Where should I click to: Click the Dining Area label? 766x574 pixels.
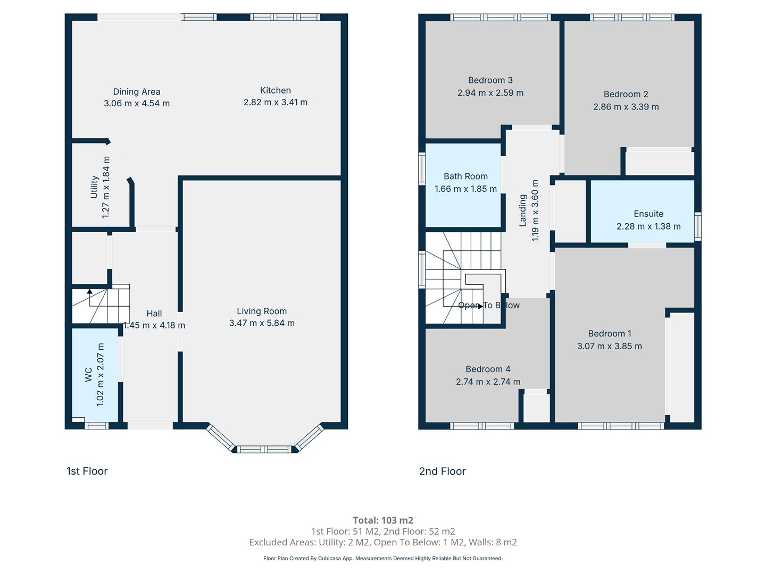[137, 91]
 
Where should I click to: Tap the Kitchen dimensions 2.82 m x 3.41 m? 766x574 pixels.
[276, 103]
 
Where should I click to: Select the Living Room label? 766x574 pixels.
[262, 311]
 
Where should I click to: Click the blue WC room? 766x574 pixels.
[95, 375]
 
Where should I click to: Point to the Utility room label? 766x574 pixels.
[94, 187]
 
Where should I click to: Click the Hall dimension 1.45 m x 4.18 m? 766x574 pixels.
[154, 325]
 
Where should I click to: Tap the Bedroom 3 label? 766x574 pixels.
[490, 80]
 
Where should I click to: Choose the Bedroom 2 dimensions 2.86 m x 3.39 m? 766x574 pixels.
[626, 107]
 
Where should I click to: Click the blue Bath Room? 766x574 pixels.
[463, 185]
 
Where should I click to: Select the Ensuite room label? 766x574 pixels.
[648, 214]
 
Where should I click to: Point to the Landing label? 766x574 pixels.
[522, 210]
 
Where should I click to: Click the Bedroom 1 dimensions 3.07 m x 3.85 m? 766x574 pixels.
[609, 346]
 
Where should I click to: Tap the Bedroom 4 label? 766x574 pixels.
[488, 369]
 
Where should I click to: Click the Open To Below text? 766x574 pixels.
[488, 305]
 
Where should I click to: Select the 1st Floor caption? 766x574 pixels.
[87, 471]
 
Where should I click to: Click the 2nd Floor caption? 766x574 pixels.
[442, 471]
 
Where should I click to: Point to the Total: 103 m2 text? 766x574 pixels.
[383, 520]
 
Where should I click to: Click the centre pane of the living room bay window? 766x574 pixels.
[264, 449]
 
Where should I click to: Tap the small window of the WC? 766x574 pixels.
[97, 426]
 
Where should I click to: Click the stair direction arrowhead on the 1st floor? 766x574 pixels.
[90, 291]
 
